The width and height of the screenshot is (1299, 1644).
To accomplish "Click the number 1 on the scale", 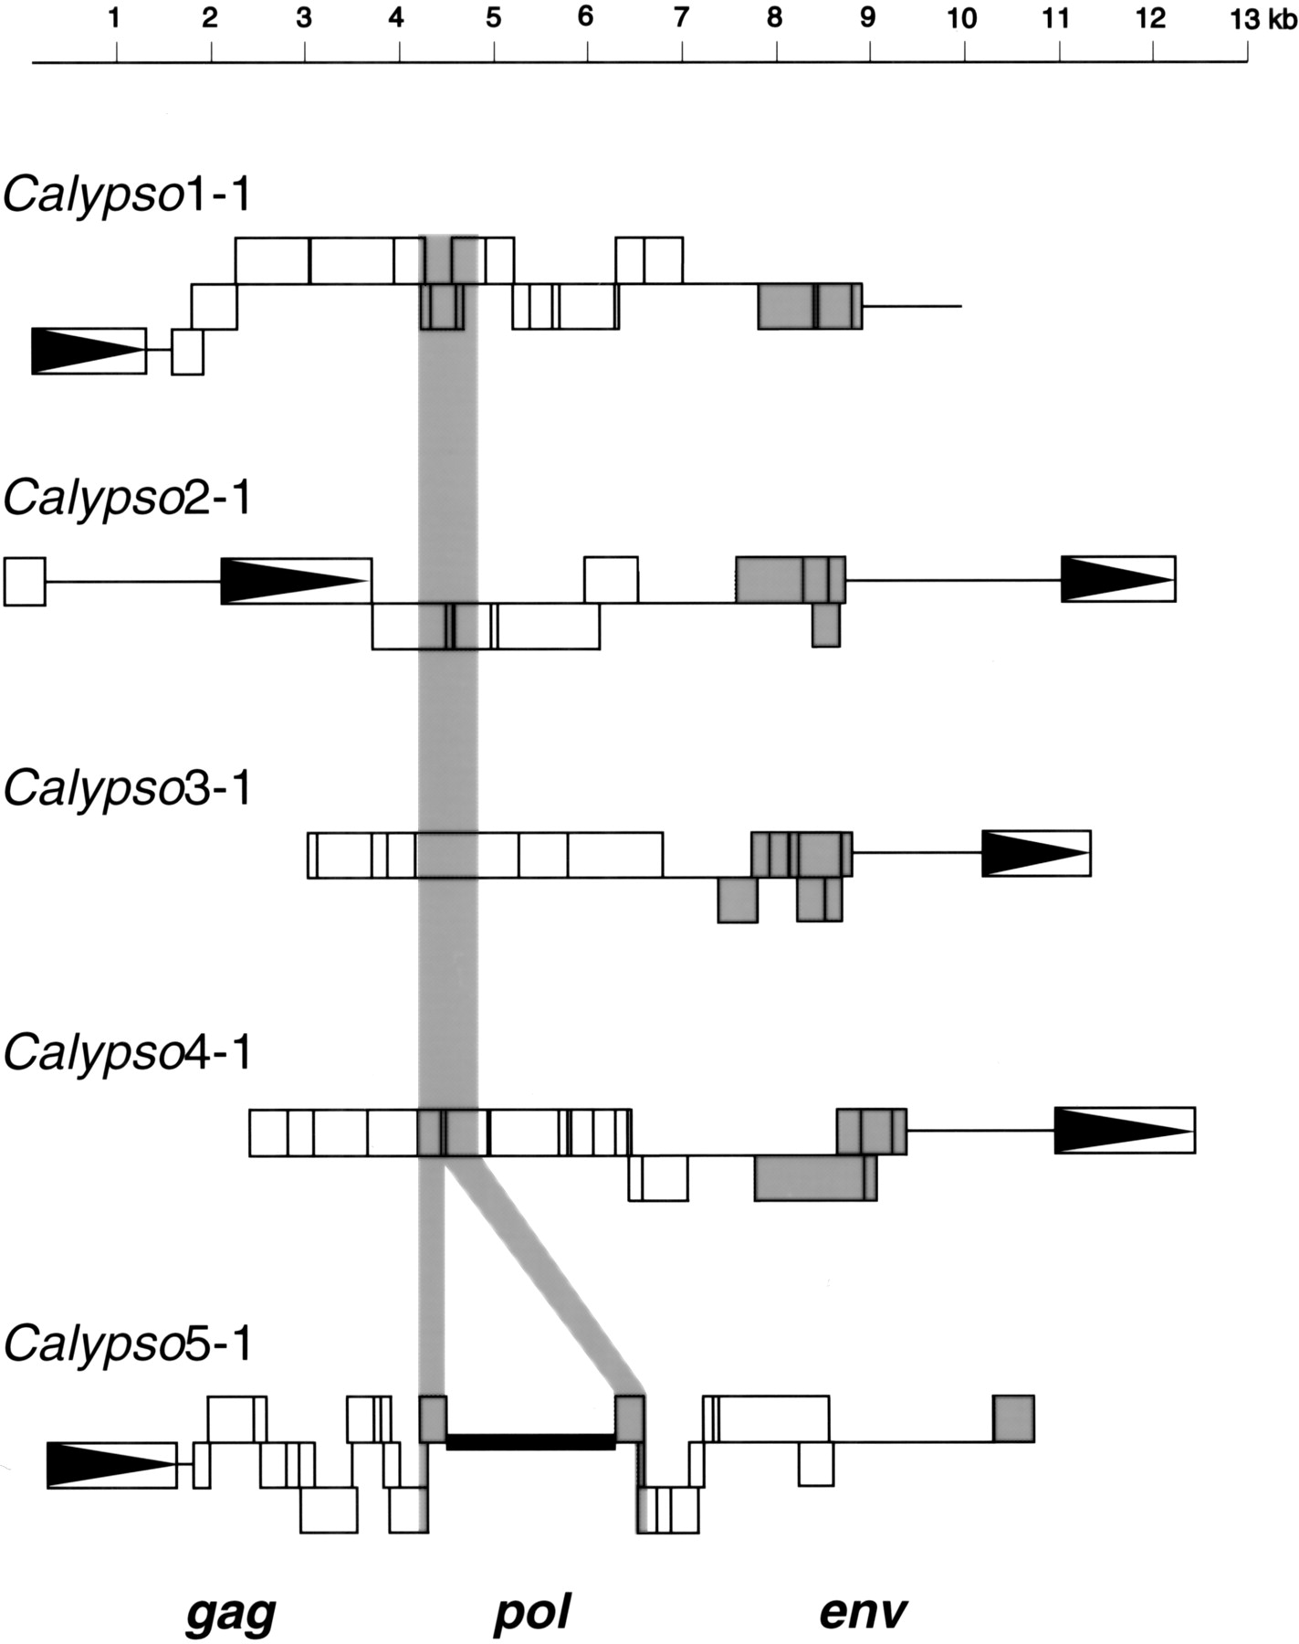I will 114,18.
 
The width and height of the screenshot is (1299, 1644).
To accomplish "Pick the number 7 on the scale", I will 680,18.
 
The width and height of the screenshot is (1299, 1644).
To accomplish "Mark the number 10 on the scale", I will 962,18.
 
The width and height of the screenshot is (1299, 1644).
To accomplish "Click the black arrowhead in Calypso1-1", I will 82,351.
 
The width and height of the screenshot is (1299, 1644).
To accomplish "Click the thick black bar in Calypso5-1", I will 530,1441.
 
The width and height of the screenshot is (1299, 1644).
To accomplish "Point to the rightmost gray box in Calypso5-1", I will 1013,1418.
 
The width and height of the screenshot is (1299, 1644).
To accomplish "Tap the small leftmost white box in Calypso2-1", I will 25,581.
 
